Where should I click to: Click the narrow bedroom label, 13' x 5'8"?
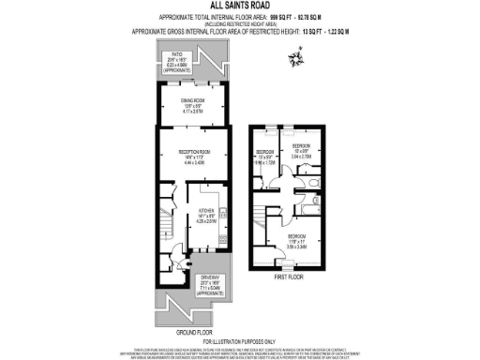(x=265, y=152)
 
